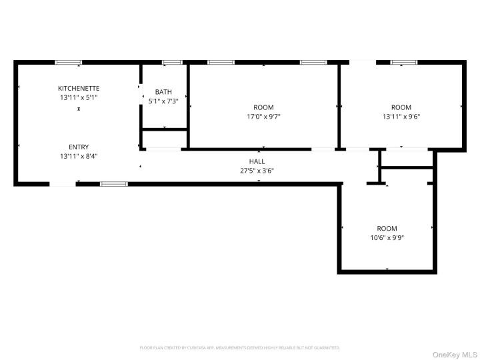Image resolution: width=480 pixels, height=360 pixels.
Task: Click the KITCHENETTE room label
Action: (79, 88)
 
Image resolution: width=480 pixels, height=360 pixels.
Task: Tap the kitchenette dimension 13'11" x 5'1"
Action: (79, 97)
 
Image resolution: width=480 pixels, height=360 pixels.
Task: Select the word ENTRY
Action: (79, 147)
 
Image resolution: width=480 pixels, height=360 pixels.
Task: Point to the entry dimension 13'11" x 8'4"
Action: (79, 156)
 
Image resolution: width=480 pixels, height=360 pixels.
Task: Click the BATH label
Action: (163, 92)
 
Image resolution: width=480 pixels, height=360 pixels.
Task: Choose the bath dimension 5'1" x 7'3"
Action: (163, 101)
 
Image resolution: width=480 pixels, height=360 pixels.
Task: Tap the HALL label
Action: (257, 161)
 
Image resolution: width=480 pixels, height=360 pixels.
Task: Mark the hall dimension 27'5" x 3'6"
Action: (257, 171)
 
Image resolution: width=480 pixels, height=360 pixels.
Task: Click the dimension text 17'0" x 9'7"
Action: (263, 116)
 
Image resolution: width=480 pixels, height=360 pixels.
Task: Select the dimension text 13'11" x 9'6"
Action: (401, 116)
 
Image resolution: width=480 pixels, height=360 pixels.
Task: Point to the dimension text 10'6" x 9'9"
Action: (387, 237)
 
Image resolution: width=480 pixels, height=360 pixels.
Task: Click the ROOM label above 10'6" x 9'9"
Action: (387, 228)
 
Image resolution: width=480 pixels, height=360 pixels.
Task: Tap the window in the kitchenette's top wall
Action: (69, 63)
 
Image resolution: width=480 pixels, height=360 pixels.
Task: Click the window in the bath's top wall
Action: (172, 63)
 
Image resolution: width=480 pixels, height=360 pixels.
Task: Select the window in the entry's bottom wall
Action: (113, 183)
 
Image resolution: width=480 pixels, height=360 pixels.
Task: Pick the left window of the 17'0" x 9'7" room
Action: (221, 63)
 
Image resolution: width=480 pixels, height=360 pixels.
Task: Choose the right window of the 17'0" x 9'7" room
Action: (313, 63)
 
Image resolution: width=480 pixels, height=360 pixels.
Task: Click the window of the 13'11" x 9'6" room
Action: (404, 63)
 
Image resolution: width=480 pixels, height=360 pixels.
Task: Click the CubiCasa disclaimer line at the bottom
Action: (240, 347)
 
